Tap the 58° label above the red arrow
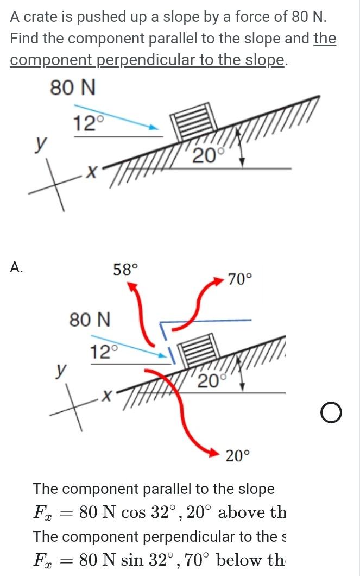pyautogui.click(x=125, y=268)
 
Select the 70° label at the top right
pyautogui.click(x=239, y=280)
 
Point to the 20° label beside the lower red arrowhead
pyautogui.click(x=238, y=455)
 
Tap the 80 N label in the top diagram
pyautogui.click(x=73, y=87)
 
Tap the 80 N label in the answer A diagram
pyautogui.click(x=90, y=320)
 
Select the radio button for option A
pyautogui.click(x=331, y=414)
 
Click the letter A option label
pyautogui.click(x=17, y=267)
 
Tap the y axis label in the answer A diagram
pyautogui.click(x=61, y=371)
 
